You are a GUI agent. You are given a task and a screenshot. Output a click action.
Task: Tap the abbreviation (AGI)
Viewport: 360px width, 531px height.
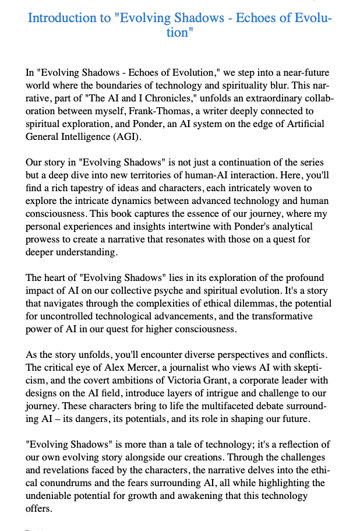click(123, 137)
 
